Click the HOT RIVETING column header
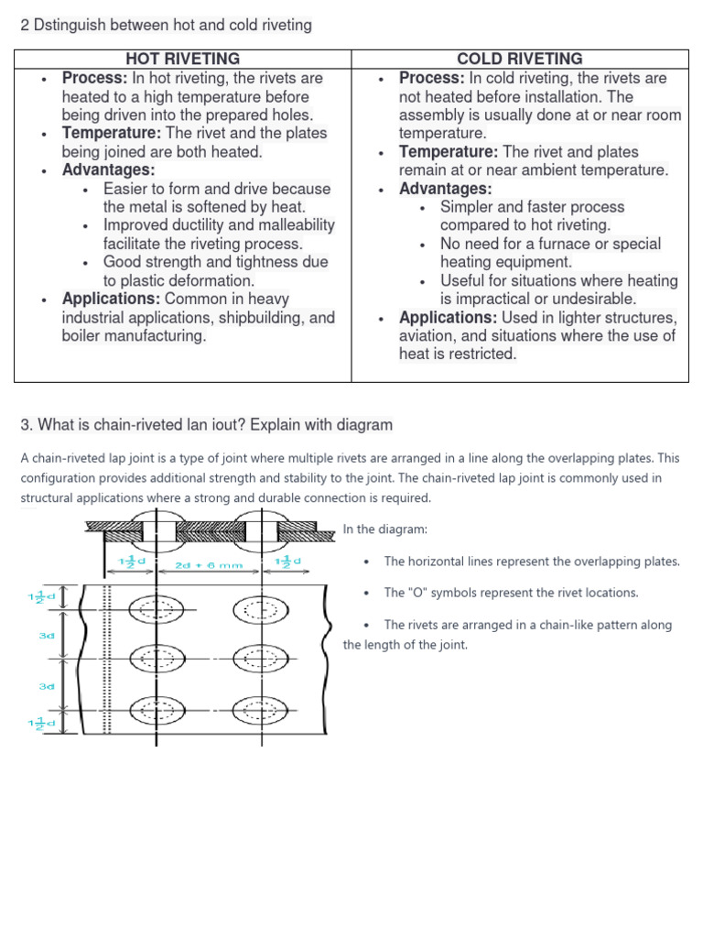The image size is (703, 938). tap(183, 59)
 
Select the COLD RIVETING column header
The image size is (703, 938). tap(520, 59)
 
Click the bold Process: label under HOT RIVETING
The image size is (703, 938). tap(95, 78)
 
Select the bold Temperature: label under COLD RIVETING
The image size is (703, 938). tap(449, 151)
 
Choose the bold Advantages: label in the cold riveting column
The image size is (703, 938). tap(446, 189)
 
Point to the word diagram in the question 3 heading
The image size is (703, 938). tap(364, 424)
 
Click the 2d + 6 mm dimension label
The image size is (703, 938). tap(209, 565)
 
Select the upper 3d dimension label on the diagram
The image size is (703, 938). tap(47, 635)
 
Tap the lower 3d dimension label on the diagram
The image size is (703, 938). tap(47, 684)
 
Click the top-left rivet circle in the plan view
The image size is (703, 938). tap(158, 609)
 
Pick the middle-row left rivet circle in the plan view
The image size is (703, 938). tap(158, 658)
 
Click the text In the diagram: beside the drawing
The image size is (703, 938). tap(384, 529)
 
